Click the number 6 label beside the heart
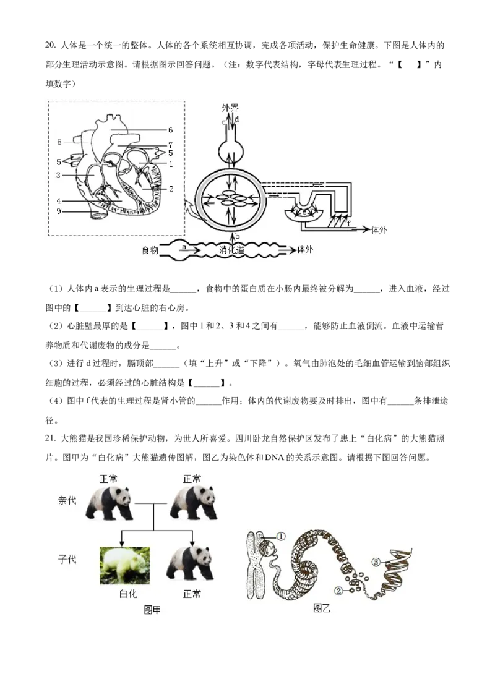[170, 130]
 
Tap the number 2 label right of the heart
[171, 188]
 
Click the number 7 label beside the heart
[170, 144]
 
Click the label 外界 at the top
[230, 107]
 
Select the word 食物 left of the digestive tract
[150, 250]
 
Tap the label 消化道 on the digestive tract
[233, 250]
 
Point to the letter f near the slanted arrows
[348, 223]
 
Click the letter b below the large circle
[238, 236]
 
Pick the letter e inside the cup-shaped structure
[304, 211]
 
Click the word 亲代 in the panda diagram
[67, 500]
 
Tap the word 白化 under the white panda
[127, 594]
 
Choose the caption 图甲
[152, 610]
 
